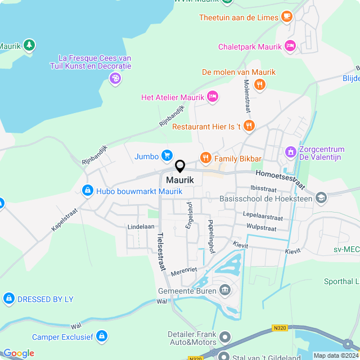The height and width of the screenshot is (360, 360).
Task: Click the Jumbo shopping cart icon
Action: pyautogui.click(x=167, y=156)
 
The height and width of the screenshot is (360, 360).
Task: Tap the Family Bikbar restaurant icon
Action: pyautogui.click(x=205, y=159)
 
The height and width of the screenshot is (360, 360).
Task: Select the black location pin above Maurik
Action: pyautogui.click(x=180, y=166)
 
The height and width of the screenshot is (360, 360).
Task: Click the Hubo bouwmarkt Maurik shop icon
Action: pyautogui.click(x=88, y=191)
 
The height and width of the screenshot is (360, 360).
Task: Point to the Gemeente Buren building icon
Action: pyautogui.click(x=225, y=291)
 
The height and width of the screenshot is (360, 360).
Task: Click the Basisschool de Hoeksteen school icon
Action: pyautogui.click(x=321, y=197)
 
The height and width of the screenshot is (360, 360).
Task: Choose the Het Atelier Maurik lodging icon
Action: pyautogui.click(x=213, y=97)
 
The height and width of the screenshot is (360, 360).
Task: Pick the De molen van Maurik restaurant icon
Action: pyautogui.click(x=259, y=84)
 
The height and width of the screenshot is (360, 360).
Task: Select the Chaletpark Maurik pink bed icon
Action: pyautogui.click(x=290, y=46)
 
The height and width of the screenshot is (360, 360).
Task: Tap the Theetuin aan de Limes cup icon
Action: pyautogui.click(x=287, y=17)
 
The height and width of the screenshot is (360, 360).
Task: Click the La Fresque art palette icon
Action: pyautogui.click(x=115, y=78)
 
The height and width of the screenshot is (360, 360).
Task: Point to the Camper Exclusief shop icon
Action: pyautogui.click(x=102, y=337)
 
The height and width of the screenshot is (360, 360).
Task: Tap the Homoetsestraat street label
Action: pyautogui.click(x=280, y=180)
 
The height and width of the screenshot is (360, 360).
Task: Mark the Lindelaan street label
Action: pyautogui.click(x=141, y=226)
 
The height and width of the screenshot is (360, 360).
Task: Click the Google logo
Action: pyautogui.click(x=19, y=353)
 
